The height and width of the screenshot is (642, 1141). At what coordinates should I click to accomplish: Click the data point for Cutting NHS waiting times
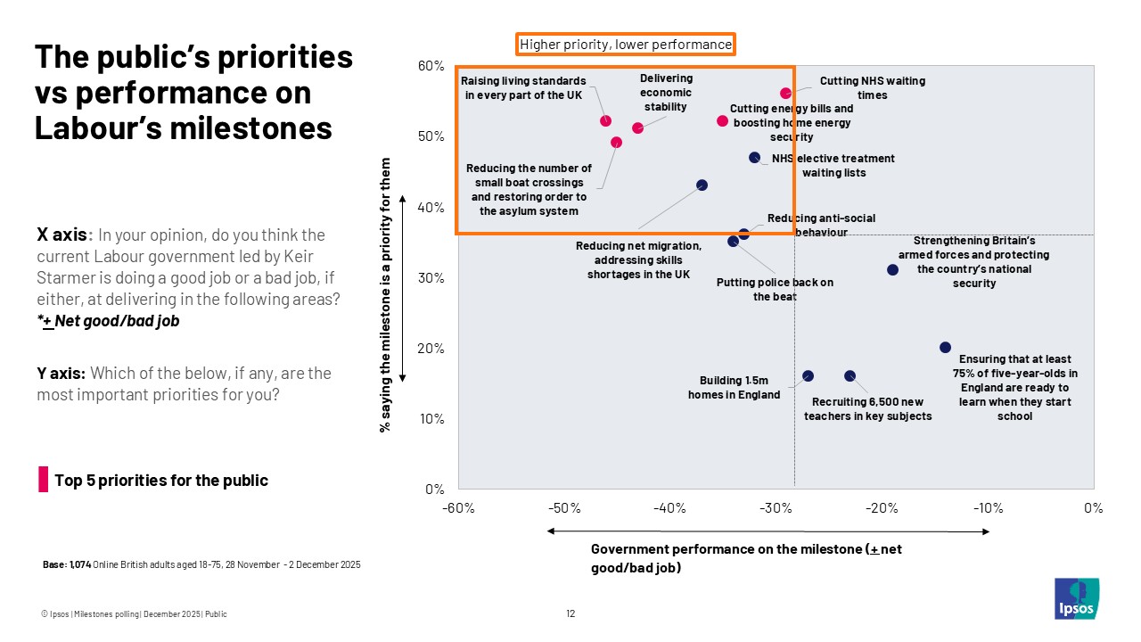coord(785,93)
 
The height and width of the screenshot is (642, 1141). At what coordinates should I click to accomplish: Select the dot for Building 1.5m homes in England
coord(808,375)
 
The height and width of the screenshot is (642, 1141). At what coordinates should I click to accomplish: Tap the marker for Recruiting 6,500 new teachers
coord(850,375)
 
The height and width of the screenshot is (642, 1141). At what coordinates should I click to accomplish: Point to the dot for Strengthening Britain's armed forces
coord(892,269)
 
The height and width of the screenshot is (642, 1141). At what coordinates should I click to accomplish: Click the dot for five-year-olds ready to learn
coord(945,347)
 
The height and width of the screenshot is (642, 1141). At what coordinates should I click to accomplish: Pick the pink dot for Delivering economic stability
coord(637,128)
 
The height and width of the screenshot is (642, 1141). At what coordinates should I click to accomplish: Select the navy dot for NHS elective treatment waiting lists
coord(754,157)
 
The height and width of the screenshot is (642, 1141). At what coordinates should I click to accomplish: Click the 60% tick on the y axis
coord(431,66)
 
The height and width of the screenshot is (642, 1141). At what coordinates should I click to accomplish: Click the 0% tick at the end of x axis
coord(1094,508)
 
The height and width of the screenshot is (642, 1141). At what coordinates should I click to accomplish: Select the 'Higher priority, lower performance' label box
coord(626,44)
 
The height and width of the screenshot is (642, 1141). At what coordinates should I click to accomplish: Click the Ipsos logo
coord(1076,598)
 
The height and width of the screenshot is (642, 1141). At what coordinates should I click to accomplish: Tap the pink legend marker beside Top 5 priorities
coord(43,479)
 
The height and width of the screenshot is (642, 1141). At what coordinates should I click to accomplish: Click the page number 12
coord(570,613)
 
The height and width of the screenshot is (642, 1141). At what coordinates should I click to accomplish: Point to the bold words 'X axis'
coord(62,235)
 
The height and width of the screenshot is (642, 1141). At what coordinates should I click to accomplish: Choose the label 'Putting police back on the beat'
coord(775,289)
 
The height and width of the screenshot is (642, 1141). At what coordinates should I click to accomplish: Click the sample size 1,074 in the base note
coord(80,565)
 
